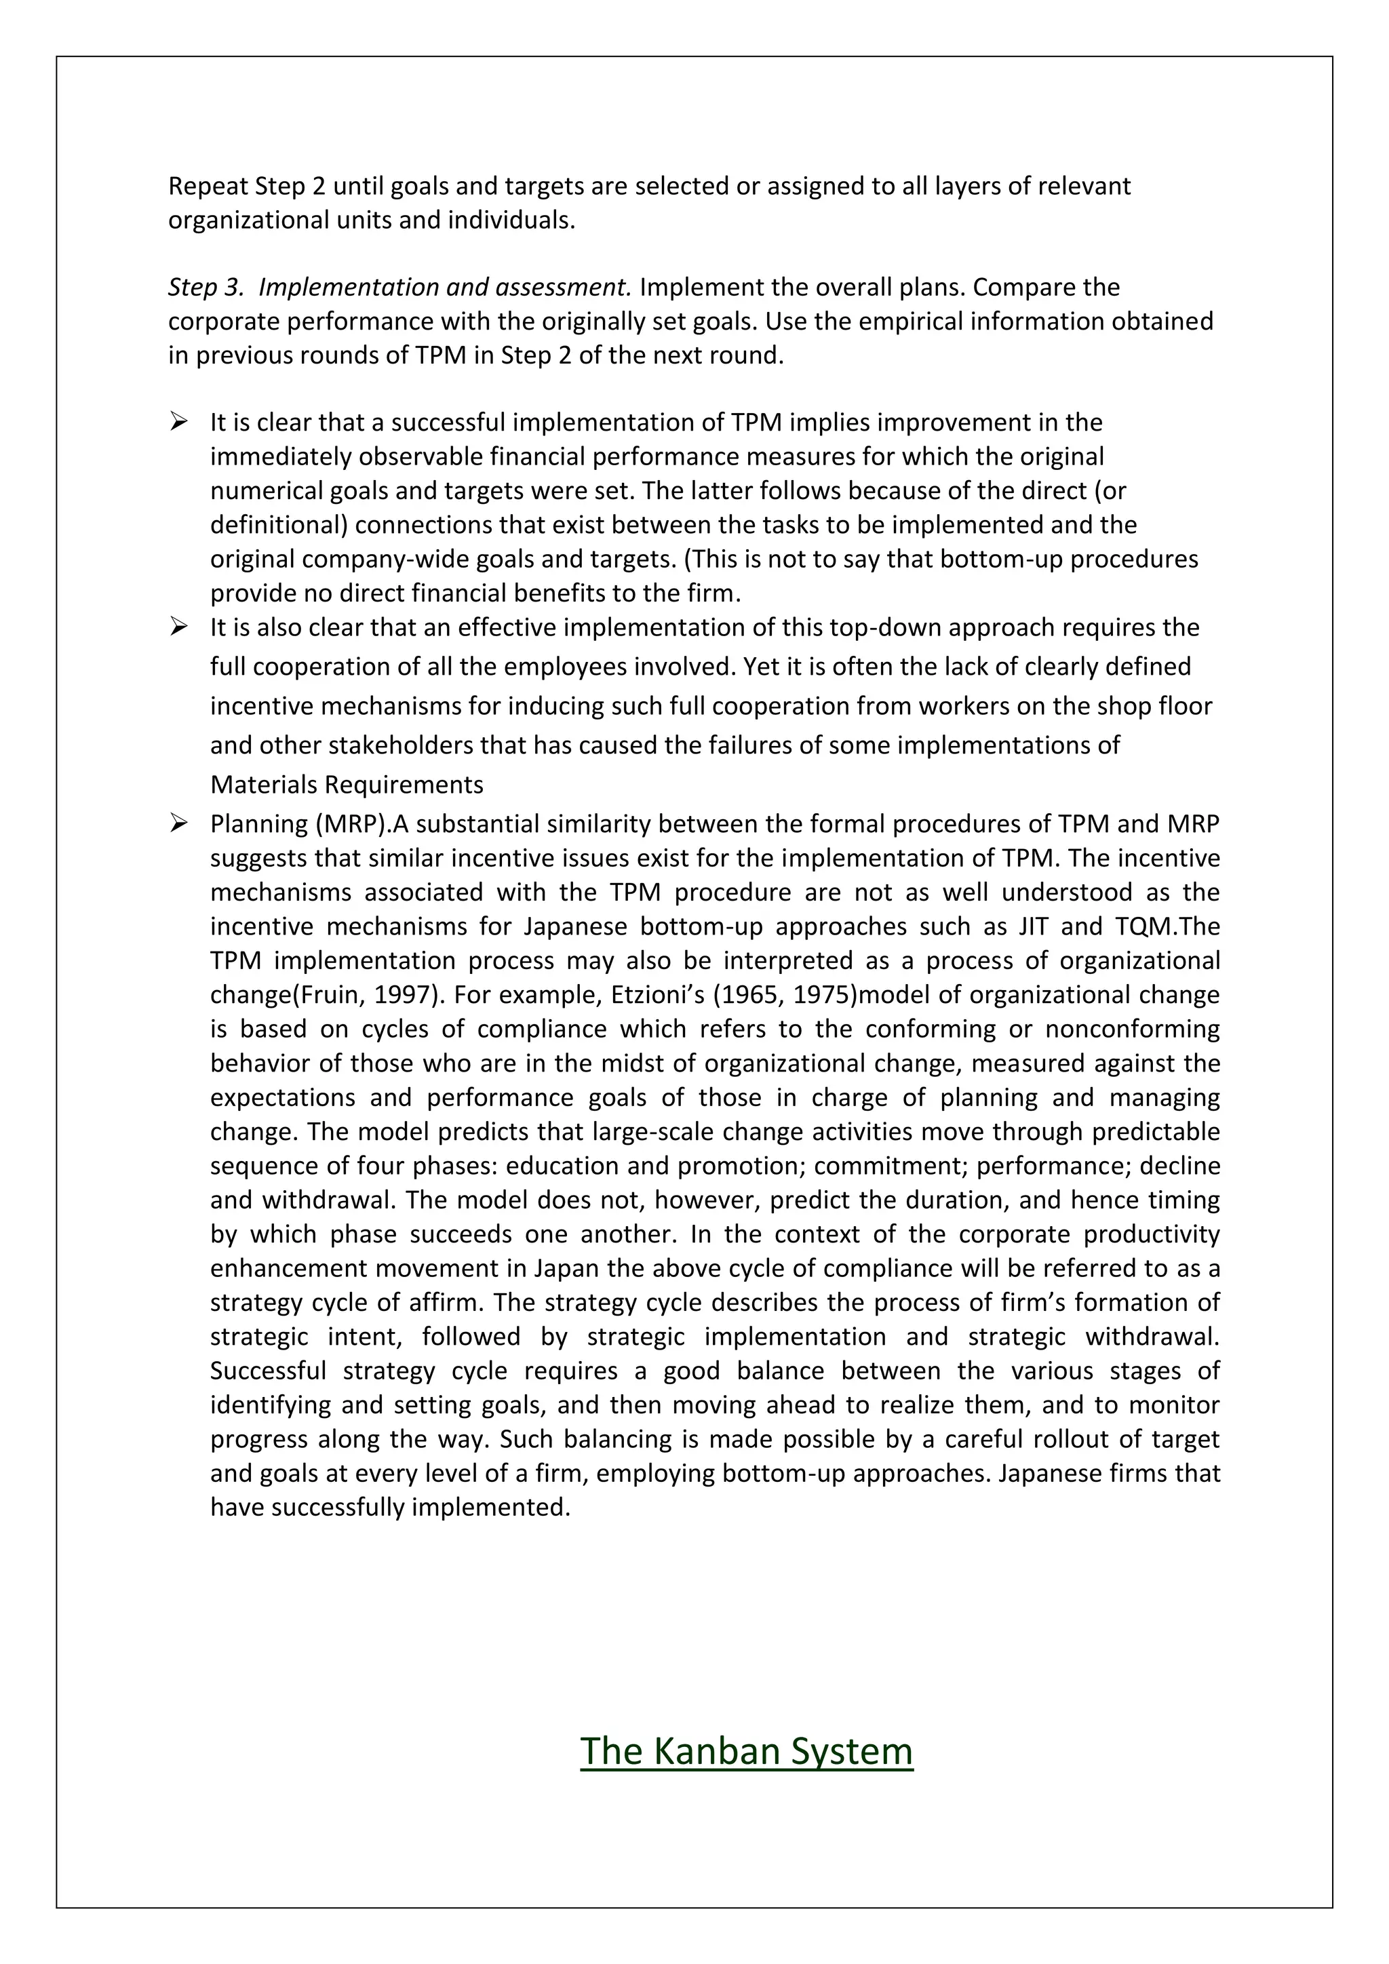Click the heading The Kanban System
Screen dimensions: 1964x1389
(746, 1751)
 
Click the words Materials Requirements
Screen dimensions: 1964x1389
(347, 785)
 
